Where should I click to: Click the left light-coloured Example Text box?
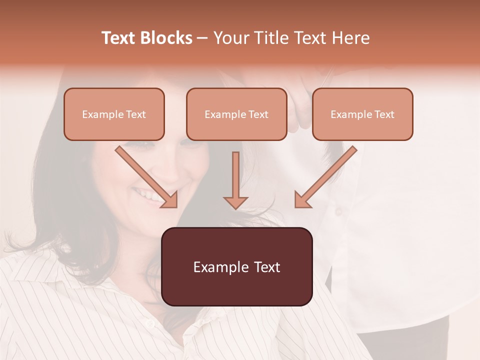point(114,114)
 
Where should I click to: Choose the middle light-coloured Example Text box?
point(236,114)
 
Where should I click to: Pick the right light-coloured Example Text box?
point(362,114)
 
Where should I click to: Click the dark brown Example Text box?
point(236,267)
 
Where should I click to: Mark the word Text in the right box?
point(384,114)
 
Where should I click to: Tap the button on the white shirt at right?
point(338,212)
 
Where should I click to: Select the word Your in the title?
point(231,38)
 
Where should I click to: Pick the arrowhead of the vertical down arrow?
point(235,202)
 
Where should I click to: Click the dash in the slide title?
point(202,38)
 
